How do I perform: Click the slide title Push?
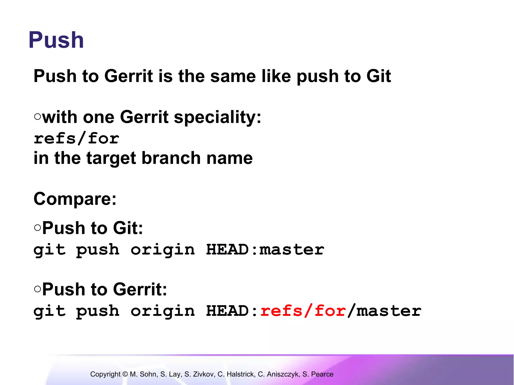click(x=56, y=40)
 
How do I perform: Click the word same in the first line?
click(x=233, y=76)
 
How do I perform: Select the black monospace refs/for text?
click(x=77, y=139)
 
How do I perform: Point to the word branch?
click(x=171, y=158)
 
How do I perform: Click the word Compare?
click(x=75, y=199)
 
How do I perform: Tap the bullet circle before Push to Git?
click(x=37, y=227)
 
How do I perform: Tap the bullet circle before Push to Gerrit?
click(x=37, y=289)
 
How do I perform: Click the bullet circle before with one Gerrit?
click(x=37, y=117)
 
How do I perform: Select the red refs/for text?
click(x=303, y=311)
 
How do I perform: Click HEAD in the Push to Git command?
click(x=227, y=250)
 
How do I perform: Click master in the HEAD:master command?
click(x=292, y=250)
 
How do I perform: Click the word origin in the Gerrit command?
click(x=163, y=311)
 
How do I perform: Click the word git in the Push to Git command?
click(x=50, y=250)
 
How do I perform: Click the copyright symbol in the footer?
click(x=125, y=374)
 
